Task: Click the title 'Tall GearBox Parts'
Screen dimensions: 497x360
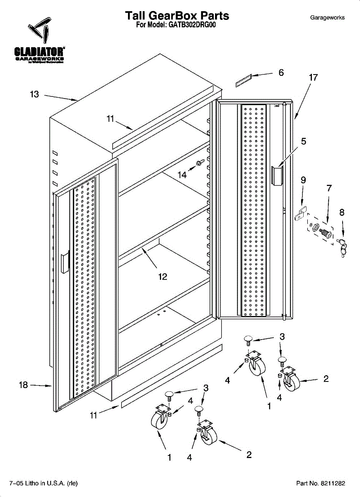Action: point(177,16)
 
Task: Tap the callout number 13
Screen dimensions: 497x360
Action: point(34,95)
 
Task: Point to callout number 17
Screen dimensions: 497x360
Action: point(313,77)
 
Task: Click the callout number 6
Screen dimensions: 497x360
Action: point(281,73)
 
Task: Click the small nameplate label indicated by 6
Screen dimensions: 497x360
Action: point(244,80)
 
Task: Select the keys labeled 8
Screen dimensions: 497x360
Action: point(343,246)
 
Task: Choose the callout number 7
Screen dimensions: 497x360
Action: point(329,188)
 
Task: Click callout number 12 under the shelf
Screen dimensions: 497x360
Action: point(163,277)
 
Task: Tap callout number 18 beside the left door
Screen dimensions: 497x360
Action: point(23,385)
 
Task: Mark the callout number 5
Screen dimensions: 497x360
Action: point(304,142)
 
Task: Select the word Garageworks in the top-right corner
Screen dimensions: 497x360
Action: point(327,18)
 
